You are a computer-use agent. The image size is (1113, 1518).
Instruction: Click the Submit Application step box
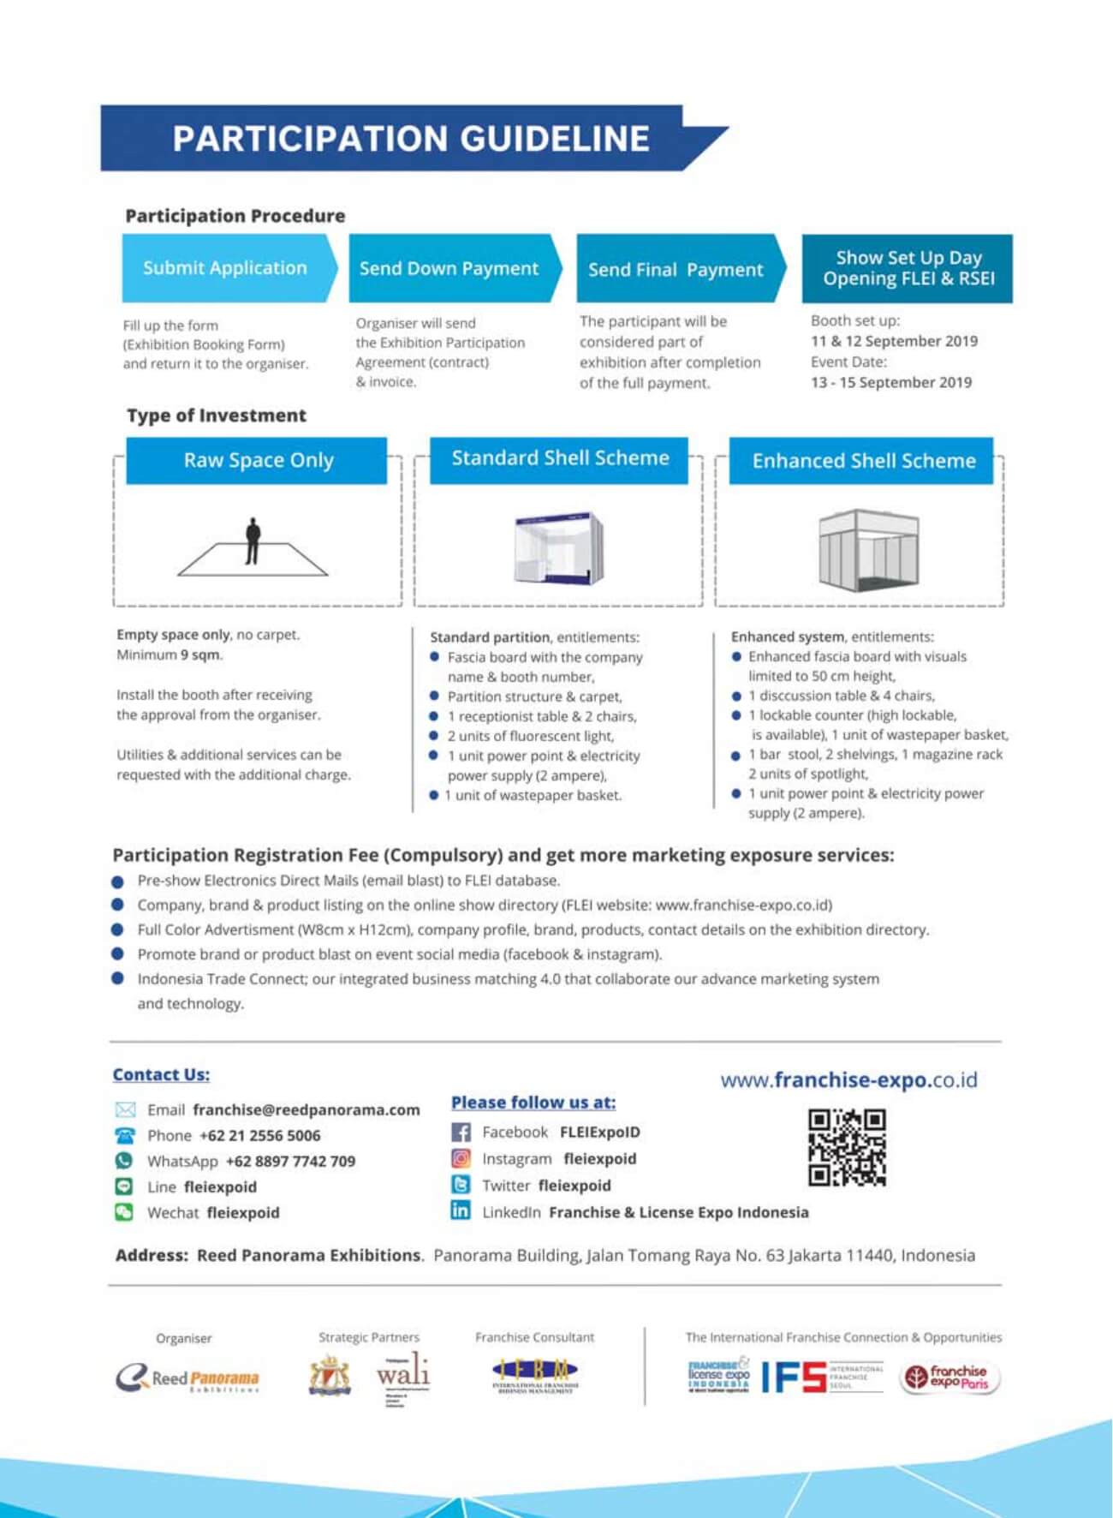(225, 268)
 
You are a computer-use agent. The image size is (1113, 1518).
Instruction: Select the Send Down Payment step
(449, 269)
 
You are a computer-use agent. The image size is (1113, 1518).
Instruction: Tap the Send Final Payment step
(676, 270)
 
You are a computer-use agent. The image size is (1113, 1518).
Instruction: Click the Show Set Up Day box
(908, 268)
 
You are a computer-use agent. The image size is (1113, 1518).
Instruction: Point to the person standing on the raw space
(253, 541)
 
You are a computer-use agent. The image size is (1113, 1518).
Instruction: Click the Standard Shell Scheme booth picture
(559, 548)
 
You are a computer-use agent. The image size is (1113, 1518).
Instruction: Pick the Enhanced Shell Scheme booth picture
(867, 549)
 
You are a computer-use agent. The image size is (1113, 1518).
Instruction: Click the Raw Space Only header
(258, 461)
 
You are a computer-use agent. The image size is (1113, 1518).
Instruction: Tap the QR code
(847, 1147)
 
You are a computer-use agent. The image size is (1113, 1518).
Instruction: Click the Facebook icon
(461, 1133)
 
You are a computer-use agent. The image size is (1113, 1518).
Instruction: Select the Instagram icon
(461, 1159)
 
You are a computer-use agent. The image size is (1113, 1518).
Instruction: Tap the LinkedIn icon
(461, 1210)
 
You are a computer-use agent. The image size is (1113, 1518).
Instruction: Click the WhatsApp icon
(124, 1161)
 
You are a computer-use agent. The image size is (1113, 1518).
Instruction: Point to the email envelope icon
(125, 1110)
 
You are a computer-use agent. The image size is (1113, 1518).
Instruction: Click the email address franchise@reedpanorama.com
(307, 1110)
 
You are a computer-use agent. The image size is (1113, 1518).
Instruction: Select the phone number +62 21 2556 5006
(259, 1136)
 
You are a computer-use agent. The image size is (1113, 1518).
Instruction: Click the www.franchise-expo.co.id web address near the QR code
(848, 1080)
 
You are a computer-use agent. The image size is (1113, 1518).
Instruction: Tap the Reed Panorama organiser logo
(187, 1378)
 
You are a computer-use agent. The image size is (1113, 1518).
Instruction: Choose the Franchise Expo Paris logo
(948, 1377)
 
